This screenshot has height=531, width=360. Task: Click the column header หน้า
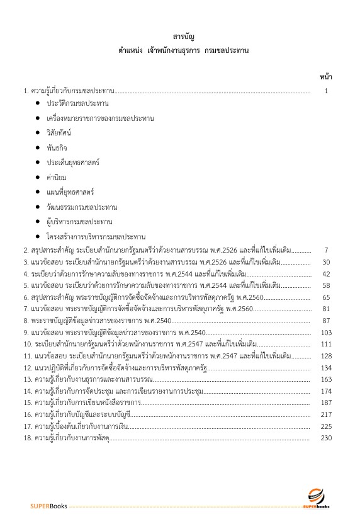coord(326,77)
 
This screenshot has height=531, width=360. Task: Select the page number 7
coord(326,250)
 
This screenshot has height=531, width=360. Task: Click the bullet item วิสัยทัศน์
coord(59,132)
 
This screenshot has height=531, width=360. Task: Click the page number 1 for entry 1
coord(326,91)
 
